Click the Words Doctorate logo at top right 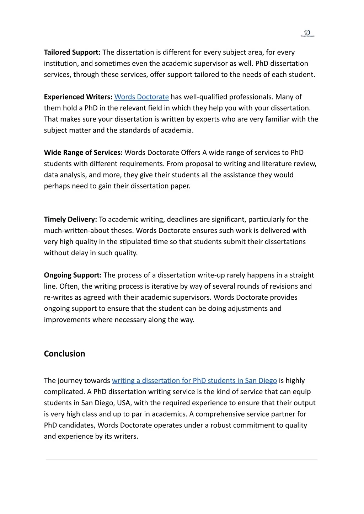307,33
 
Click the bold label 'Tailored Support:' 72,52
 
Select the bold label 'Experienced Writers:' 78,97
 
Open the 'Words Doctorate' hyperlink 141,97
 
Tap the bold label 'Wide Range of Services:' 83,152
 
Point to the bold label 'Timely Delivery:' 70,219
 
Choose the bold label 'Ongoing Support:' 73,275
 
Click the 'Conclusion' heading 64,354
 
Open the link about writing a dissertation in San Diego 194,381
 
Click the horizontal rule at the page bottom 181,460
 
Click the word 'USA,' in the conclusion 124,403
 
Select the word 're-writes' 58,297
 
